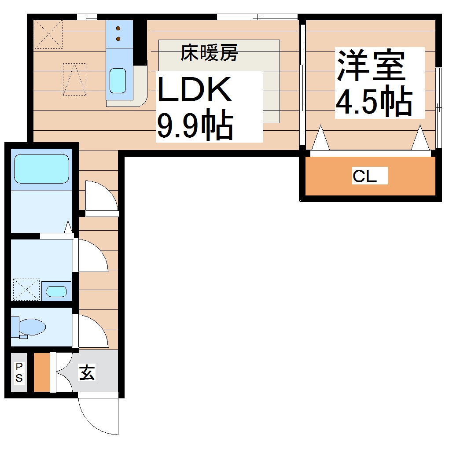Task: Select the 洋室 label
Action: click(x=371, y=66)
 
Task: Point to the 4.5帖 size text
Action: click(x=374, y=103)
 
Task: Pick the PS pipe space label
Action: click(x=19, y=372)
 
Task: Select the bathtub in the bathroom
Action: click(x=42, y=168)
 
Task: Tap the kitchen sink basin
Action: click(x=118, y=81)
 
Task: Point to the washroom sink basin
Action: click(x=56, y=291)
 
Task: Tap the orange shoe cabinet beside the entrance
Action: click(x=42, y=372)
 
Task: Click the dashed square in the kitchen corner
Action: click(x=48, y=34)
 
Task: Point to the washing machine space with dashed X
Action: click(x=26, y=289)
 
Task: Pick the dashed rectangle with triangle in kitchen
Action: click(x=74, y=79)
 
